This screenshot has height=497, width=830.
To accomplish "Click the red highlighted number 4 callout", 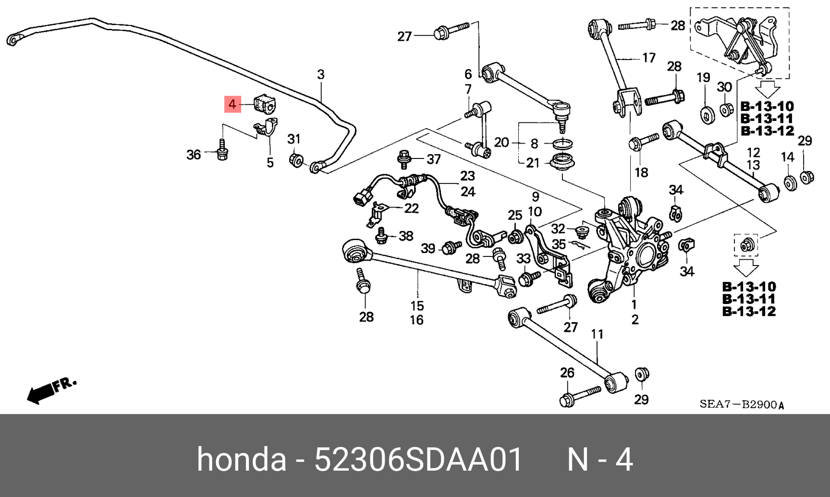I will pyautogui.click(x=232, y=104).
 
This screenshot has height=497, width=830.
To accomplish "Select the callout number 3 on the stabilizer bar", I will pyautogui.click(x=321, y=74).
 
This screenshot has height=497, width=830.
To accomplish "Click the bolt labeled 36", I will pyautogui.click(x=222, y=150).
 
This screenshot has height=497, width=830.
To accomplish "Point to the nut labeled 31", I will pyautogui.click(x=296, y=159).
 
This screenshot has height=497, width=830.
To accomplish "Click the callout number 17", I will pyautogui.click(x=648, y=58).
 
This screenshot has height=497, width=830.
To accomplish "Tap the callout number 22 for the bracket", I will pyautogui.click(x=411, y=208).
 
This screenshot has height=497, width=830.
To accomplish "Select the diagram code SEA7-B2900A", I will pyautogui.click(x=742, y=404).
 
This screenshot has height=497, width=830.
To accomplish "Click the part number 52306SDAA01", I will pyautogui.click(x=418, y=460).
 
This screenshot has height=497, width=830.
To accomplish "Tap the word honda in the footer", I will pyautogui.click(x=241, y=460).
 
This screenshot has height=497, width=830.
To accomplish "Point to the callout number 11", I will pyautogui.click(x=597, y=334).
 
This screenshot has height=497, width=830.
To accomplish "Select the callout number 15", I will pyautogui.click(x=417, y=305).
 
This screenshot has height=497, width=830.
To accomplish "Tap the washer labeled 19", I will pyautogui.click(x=706, y=115).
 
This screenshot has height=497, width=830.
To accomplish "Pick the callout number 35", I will pyautogui.click(x=559, y=244).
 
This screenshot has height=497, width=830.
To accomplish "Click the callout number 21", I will pyautogui.click(x=533, y=163).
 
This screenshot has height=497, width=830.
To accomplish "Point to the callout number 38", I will pyautogui.click(x=406, y=236).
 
